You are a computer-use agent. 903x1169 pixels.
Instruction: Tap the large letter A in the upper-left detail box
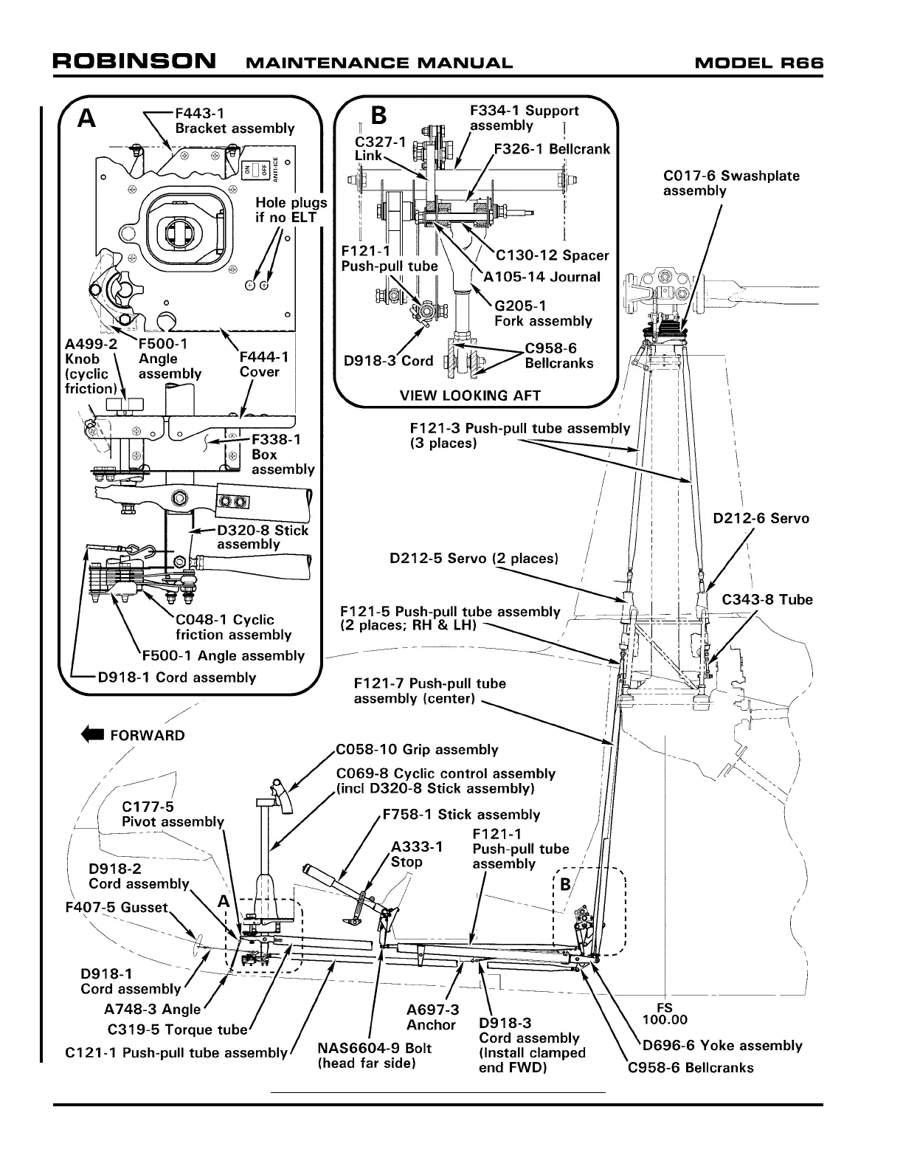coord(87,118)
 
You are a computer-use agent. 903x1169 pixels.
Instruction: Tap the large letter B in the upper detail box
coord(378,116)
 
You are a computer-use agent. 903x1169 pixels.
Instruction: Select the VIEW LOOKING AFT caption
coord(470,395)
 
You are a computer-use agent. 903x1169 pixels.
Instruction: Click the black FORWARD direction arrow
coord(94,735)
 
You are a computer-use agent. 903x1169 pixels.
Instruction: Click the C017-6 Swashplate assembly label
coord(730,183)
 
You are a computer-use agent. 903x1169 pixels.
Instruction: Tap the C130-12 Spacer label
coord(552,255)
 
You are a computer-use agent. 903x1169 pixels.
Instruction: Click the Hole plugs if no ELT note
coord(291,210)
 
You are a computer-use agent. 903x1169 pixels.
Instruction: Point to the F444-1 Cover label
coord(264,364)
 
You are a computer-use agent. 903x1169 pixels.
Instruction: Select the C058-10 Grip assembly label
coord(417,750)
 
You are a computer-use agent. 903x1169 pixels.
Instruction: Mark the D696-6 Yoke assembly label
coord(722,1045)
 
